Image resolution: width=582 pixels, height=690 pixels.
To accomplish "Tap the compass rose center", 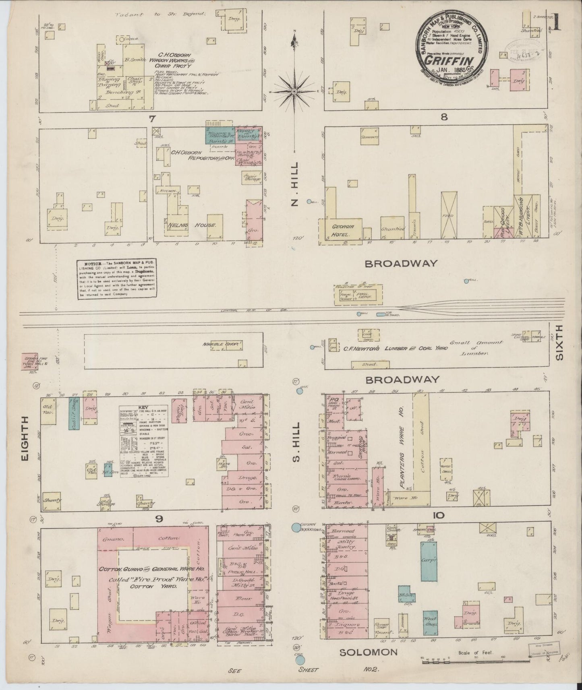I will (x=294, y=92).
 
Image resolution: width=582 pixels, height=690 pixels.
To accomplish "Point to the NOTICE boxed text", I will (x=117, y=279).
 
